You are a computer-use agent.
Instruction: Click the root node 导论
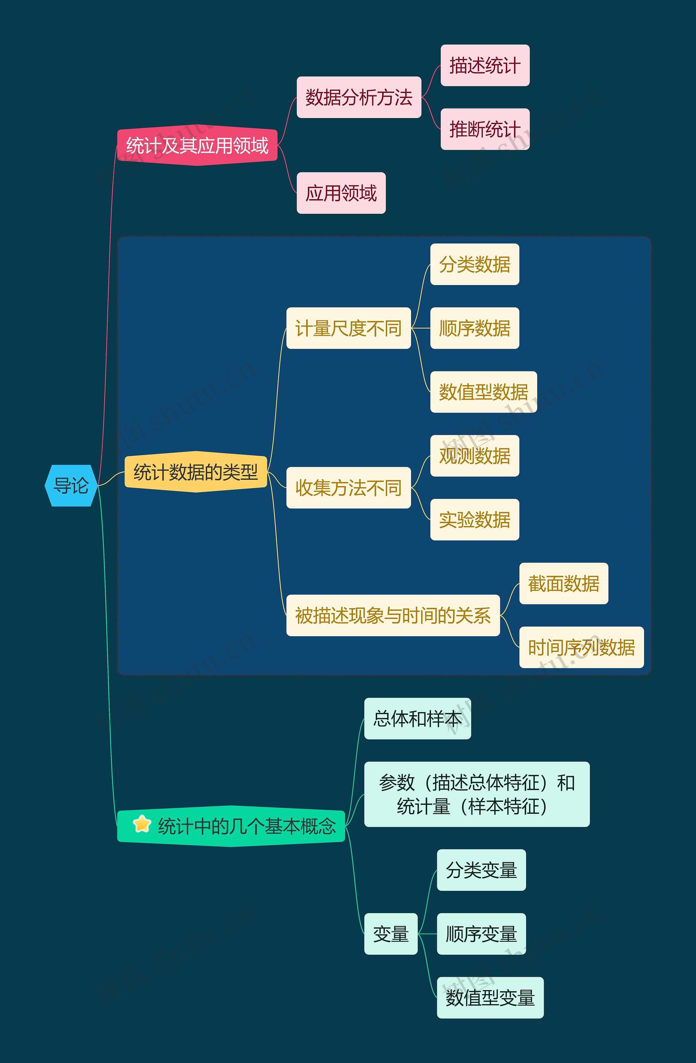point(71,486)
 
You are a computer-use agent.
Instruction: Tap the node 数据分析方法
point(359,97)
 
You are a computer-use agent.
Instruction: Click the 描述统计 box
point(485,65)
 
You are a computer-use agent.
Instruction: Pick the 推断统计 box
point(485,129)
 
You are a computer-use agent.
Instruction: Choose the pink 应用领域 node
point(341,193)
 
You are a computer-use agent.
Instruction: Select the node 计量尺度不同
point(348,328)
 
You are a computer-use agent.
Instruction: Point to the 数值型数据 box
point(483,392)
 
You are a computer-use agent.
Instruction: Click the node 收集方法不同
point(348,488)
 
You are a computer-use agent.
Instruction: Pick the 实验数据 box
point(475,520)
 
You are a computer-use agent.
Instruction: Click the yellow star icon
point(142,824)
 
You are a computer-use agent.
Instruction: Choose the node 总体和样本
point(417,719)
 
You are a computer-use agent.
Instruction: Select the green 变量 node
point(391,934)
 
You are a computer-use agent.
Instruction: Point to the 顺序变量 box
point(481,934)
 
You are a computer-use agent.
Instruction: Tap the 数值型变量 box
point(490,998)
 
